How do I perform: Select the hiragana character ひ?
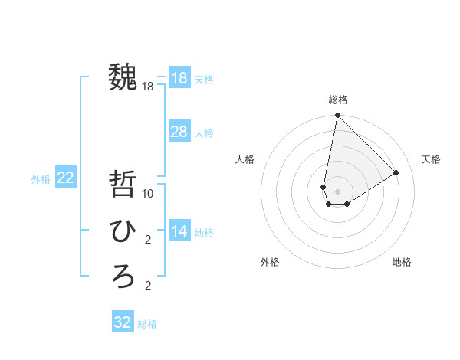pos(123,230)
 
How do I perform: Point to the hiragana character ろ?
pos(123,276)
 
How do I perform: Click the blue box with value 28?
pos(179,132)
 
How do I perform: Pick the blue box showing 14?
pos(179,231)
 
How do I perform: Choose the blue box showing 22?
pos(66,178)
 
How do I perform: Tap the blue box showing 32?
pos(123,322)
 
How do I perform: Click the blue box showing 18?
pos(179,78)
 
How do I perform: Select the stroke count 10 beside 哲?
pos(148,194)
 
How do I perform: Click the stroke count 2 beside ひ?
pos(148,240)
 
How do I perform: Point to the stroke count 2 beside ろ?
pos(148,286)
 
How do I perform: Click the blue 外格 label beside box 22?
pos(41,179)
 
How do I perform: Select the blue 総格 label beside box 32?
pos(147,324)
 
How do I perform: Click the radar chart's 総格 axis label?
pos(337,100)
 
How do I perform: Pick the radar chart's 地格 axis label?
pos(402,262)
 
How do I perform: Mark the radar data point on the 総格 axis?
pos(337,116)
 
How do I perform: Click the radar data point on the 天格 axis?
pos(396,172)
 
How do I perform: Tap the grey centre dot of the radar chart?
pos(337,191)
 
